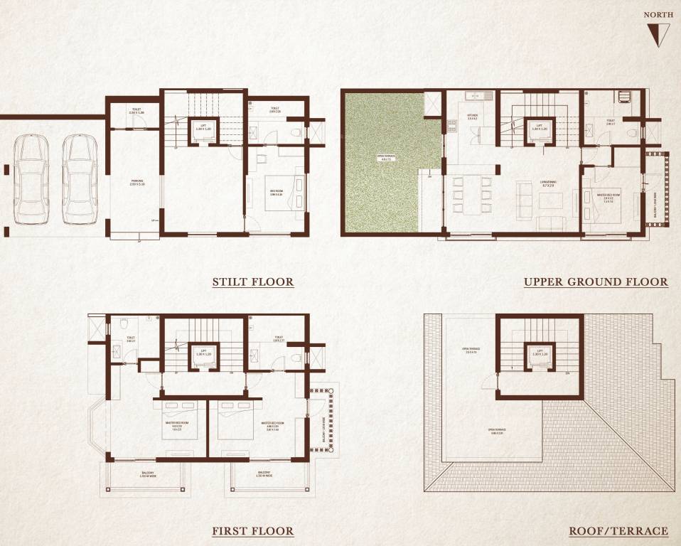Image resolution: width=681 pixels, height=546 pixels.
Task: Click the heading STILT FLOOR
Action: point(252,282)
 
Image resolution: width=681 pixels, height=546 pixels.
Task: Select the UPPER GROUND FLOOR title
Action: point(596,282)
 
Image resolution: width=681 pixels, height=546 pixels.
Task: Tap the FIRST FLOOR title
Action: point(252,531)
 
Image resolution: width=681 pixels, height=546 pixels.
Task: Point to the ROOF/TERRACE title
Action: point(618,531)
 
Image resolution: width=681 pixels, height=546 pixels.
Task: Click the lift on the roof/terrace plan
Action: point(540,353)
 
